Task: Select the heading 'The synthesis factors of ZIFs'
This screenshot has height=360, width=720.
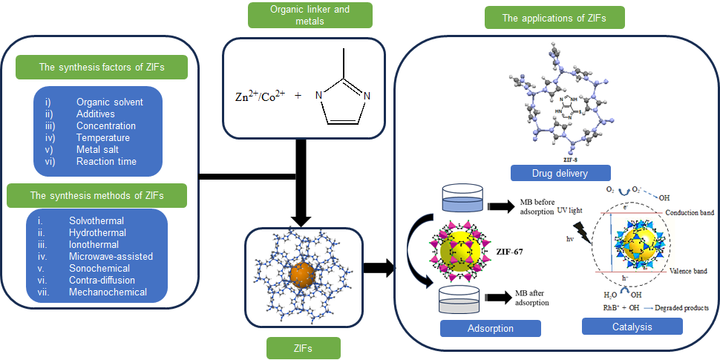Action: click(x=102, y=68)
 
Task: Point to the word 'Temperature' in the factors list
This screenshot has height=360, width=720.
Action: click(x=103, y=137)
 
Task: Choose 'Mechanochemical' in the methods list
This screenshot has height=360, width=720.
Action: click(x=108, y=292)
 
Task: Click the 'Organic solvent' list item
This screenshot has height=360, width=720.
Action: click(x=110, y=102)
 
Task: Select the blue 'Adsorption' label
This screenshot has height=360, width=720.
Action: click(x=490, y=327)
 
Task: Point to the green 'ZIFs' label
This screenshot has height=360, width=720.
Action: click(x=304, y=348)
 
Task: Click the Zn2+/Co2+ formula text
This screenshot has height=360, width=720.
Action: click(x=255, y=95)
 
